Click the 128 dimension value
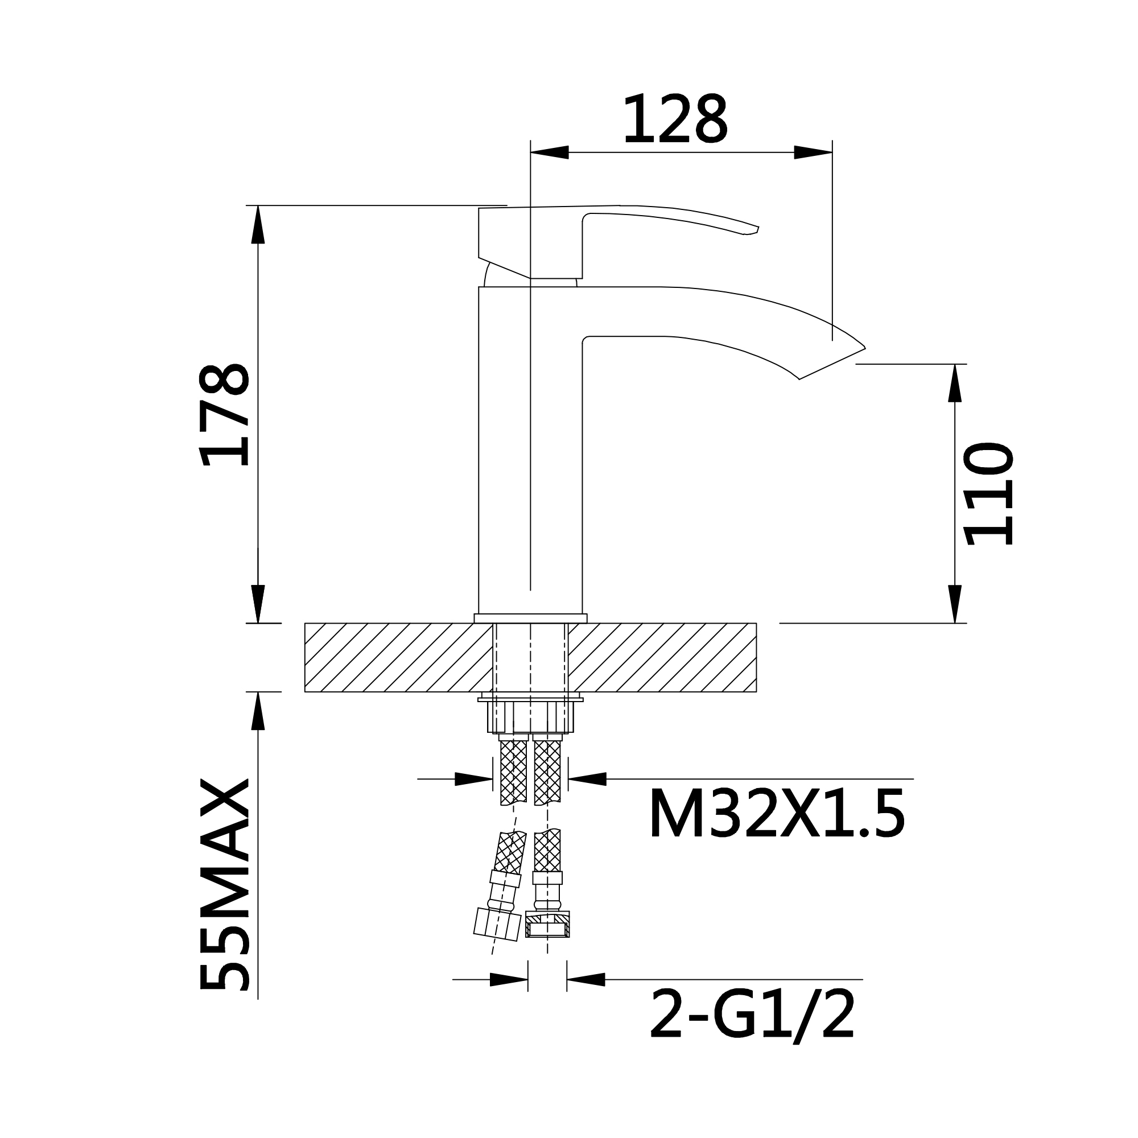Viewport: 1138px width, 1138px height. pyautogui.click(x=675, y=119)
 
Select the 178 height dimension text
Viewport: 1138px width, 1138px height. pyautogui.click(x=224, y=415)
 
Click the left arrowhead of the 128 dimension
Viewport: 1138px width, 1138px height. pyautogui.click(x=550, y=152)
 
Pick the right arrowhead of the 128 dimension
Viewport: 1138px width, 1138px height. pyautogui.click(x=813, y=152)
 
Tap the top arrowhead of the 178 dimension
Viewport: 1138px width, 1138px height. pyautogui.click(x=258, y=224)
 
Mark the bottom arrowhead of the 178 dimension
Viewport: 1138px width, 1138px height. pyautogui.click(x=258, y=604)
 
